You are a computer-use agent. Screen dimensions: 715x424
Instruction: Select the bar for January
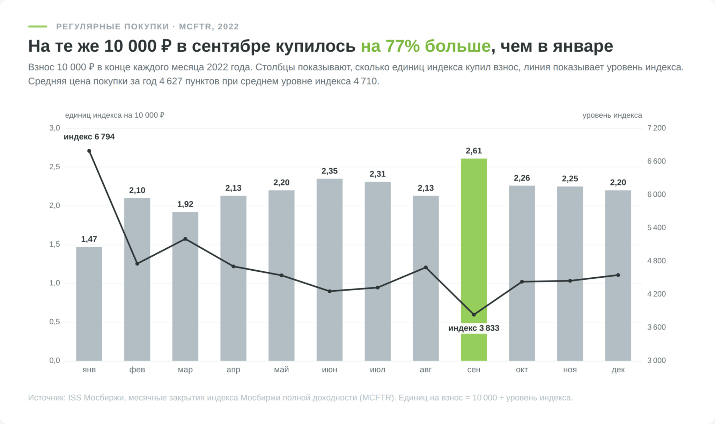[x=89, y=304]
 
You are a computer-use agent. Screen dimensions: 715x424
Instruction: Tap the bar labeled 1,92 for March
[x=185, y=286]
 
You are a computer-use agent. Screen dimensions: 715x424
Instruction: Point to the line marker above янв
[x=89, y=151]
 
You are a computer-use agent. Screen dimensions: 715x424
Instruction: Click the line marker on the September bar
[x=474, y=315]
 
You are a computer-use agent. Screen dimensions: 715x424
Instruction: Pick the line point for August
[x=426, y=268]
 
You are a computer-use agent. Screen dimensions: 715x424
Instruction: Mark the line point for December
[x=618, y=275]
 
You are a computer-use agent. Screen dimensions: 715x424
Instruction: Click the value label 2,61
[x=474, y=151]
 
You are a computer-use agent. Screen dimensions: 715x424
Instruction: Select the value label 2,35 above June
[x=330, y=171]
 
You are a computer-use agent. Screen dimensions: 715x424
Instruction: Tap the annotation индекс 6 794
[x=89, y=137]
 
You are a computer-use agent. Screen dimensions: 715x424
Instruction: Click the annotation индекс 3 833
[x=474, y=328]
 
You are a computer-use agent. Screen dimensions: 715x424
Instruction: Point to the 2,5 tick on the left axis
[x=55, y=167]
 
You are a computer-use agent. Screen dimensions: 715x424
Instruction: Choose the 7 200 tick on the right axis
[x=656, y=128]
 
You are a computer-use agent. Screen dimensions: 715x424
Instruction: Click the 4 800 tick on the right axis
[x=656, y=261]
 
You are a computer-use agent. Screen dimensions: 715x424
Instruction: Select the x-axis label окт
[x=522, y=370]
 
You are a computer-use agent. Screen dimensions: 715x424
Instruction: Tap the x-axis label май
[x=281, y=370]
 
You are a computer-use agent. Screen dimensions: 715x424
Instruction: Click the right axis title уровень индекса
[x=612, y=115]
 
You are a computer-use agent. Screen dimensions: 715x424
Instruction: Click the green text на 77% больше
[x=426, y=46]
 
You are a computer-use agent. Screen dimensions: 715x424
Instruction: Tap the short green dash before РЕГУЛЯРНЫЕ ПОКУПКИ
[x=38, y=27]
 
